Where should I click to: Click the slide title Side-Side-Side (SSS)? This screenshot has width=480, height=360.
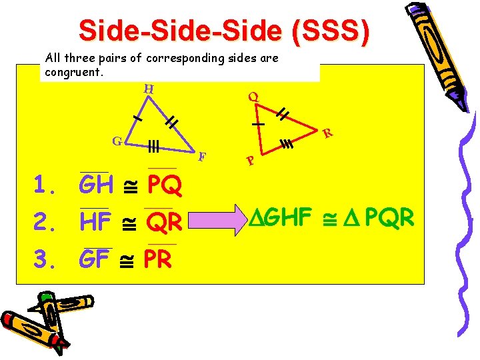223,30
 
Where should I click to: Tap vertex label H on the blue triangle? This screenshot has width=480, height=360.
149,89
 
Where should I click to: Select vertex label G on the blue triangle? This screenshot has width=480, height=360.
116,141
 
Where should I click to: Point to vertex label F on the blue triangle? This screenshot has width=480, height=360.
202,157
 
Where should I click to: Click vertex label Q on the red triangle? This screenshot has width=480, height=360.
253,96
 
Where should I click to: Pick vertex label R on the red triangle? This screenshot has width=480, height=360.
327,133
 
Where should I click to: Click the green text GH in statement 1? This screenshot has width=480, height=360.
95,185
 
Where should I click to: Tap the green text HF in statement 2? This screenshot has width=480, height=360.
95,222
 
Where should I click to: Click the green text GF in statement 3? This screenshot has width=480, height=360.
93,259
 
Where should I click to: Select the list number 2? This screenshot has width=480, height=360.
44,223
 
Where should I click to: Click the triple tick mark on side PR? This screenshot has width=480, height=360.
288,143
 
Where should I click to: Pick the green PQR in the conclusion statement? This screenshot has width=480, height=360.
389,217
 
